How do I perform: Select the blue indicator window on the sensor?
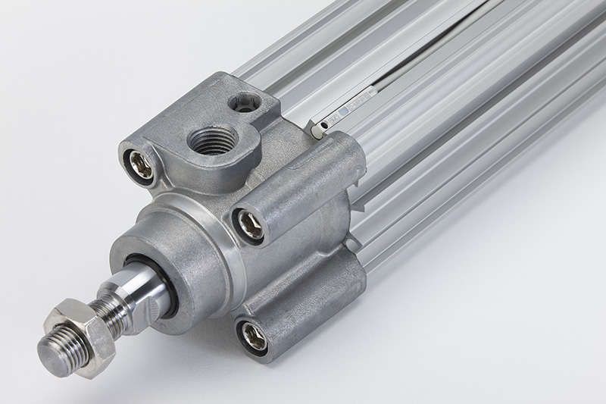(x=343, y=111)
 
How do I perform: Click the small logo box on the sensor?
(x=334, y=117)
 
